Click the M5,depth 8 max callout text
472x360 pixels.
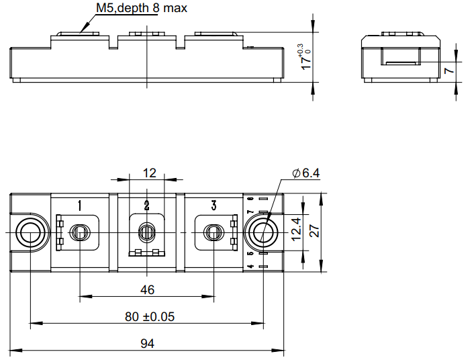[142, 9]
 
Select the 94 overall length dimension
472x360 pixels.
[148, 343]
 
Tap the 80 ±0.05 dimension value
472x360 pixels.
[149, 316]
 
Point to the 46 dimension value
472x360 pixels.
[148, 289]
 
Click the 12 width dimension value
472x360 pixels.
[149, 173]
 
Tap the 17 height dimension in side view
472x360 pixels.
[305, 59]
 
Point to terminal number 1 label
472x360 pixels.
[80, 205]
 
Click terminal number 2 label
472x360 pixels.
[147, 205]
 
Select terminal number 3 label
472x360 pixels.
[214, 205]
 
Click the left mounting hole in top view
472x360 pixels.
[30, 233]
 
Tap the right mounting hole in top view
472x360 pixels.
[263, 233]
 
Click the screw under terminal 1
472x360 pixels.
[80, 233]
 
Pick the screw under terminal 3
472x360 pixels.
[214, 233]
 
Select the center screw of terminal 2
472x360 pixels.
[147, 233]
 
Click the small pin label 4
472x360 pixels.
[251, 267]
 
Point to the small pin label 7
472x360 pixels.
[251, 212]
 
